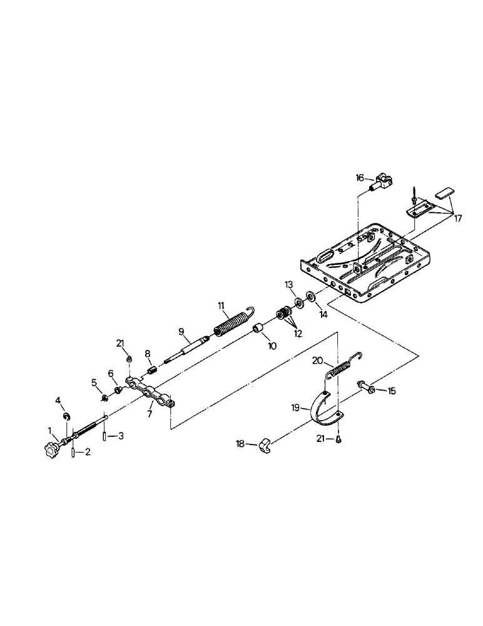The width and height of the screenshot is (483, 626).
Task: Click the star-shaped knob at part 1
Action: pos(51,448)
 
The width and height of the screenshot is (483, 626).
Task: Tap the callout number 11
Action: pos(221,305)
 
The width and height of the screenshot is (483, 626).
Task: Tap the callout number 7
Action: pos(150,413)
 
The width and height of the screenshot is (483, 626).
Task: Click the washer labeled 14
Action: pos(310,295)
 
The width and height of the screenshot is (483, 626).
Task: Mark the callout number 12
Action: pos(298,334)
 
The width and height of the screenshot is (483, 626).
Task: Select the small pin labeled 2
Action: pos(73,451)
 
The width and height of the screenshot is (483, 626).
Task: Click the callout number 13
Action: pos(289,285)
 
